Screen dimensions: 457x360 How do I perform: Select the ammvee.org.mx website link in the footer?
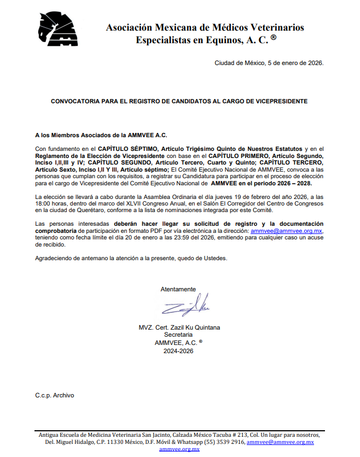(x=179, y=449)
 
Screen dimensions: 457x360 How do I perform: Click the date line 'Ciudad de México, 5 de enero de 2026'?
(x=269, y=63)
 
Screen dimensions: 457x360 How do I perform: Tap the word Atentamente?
(x=178, y=289)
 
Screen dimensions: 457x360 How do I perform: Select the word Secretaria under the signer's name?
(x=178, y=335)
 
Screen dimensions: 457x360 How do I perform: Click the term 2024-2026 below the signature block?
(x=178, y=351)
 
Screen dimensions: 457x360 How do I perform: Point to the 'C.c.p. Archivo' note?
(x=54, y=395)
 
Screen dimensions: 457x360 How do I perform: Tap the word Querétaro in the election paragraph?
(x=89, y=210)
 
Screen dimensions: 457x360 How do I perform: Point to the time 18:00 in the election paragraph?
(x=44, y=203)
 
